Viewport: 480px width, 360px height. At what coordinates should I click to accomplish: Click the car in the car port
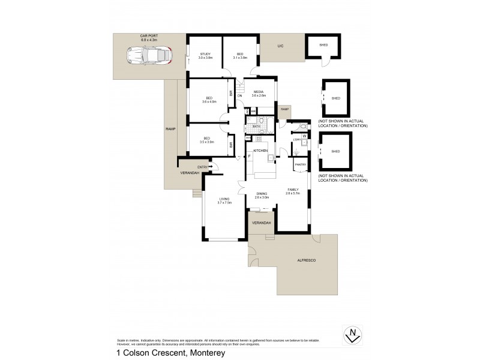pos(149,56)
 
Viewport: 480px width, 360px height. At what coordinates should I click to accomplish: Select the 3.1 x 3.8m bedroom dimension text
pos(241,58)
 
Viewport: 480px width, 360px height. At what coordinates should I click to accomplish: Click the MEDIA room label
pos(259,92)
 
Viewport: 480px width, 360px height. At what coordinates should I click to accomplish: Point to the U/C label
pos(280,46)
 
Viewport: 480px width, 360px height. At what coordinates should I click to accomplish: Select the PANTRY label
pos(300,164)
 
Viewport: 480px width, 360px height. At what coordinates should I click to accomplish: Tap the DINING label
pos(261,193)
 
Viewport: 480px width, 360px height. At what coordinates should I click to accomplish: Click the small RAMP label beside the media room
pos(284,109)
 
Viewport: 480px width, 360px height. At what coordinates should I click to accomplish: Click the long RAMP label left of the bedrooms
pos(170,129)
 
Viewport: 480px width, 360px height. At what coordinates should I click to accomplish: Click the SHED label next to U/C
pos(323,45)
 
